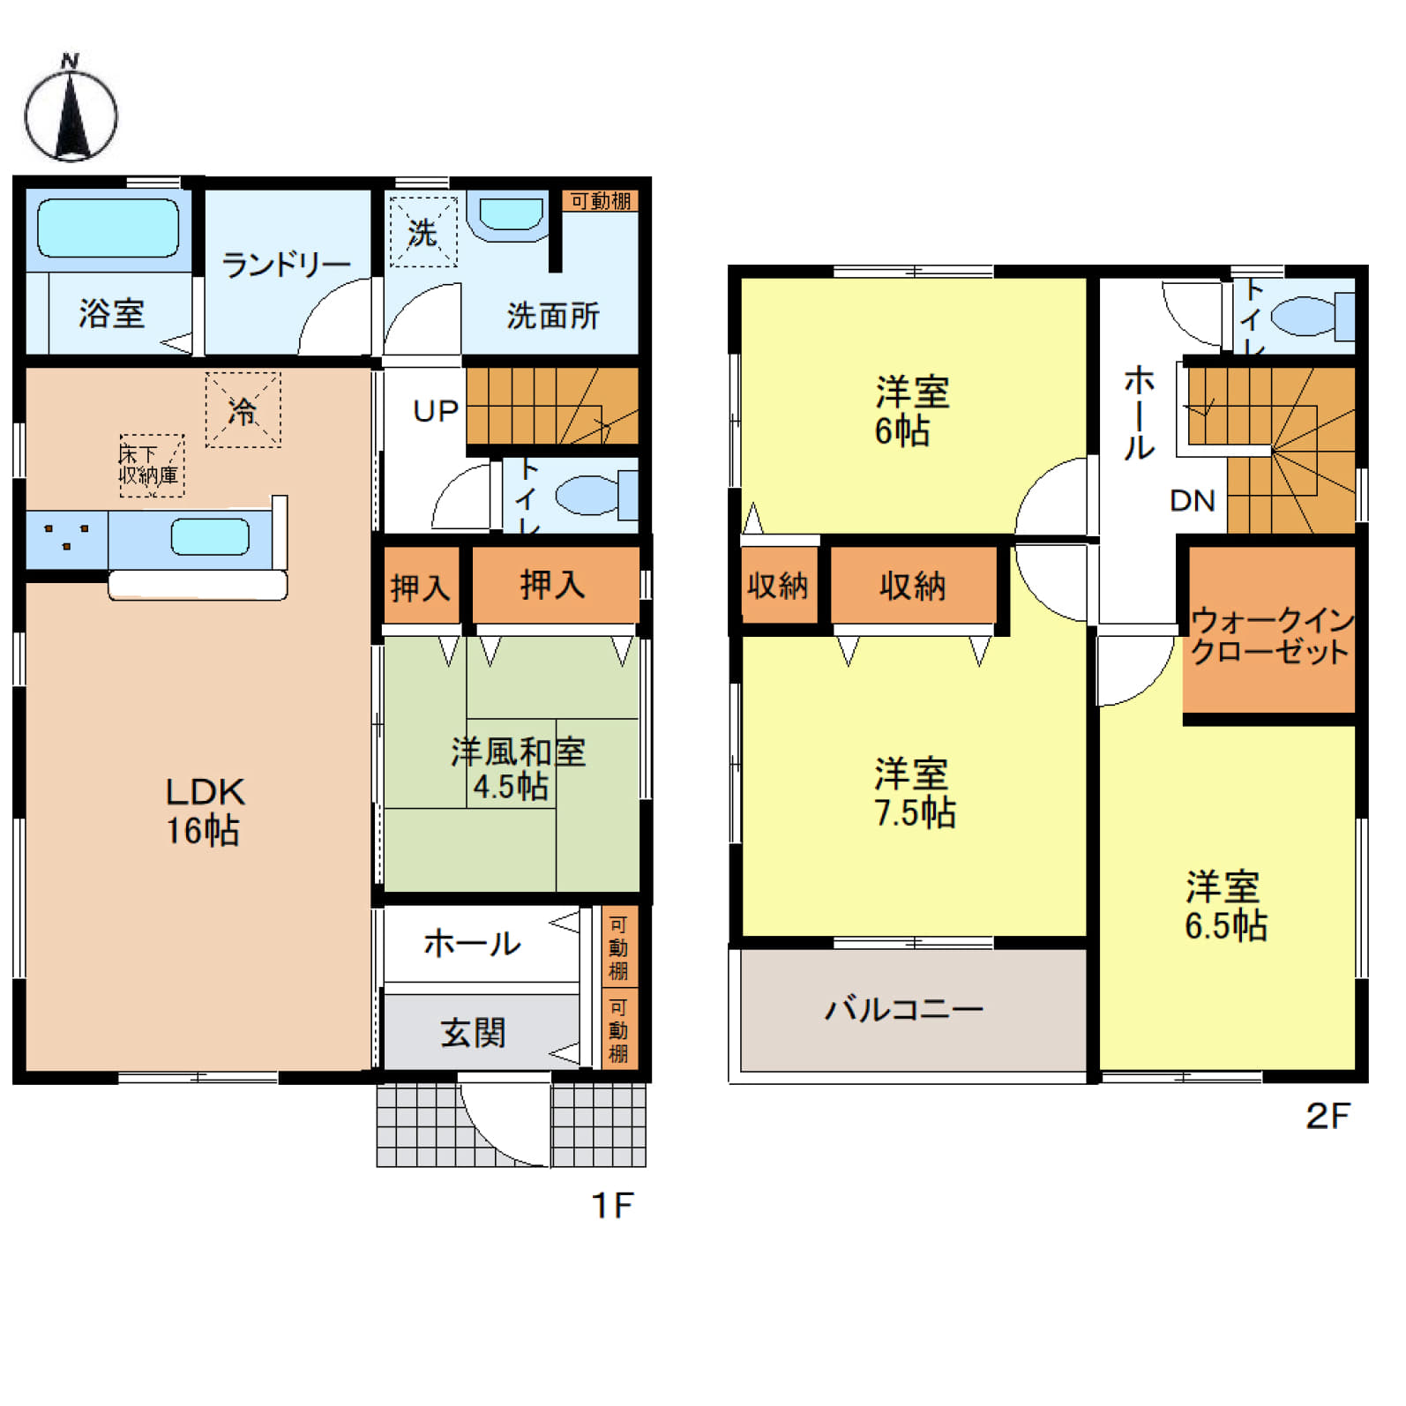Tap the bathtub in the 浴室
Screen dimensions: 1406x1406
point(108,228)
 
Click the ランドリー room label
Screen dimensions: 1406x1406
point(286,264)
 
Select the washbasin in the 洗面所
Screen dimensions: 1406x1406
point(511,214)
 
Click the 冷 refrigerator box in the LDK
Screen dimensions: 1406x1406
point(243,410)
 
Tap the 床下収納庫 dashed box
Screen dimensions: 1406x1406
point(152,466)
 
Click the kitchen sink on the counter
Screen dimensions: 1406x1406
point(210,537)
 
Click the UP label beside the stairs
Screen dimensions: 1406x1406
point(436,411)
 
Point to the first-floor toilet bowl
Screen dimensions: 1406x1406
point(588,496)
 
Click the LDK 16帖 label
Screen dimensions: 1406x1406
point(204,810)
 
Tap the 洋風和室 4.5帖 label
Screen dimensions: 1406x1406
point(517,768)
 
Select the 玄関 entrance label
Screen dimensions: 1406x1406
point(474,1032)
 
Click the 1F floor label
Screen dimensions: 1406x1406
point(612,1205)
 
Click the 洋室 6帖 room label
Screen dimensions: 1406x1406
point(911,411)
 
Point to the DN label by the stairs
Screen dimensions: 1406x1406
point(1193,501)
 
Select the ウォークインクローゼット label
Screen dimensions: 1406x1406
point(1271,637)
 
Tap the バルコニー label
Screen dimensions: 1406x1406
point(904,1009)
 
